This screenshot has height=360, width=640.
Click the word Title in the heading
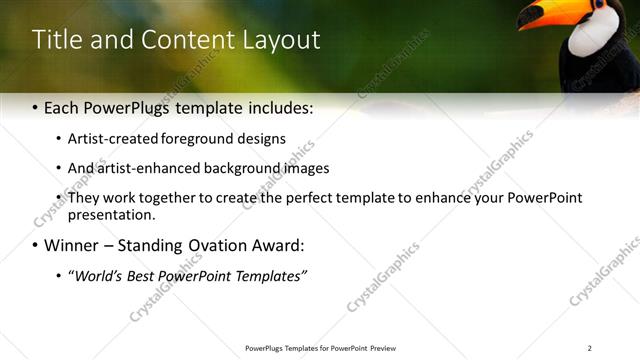pyautogui.click(x=57, y=40)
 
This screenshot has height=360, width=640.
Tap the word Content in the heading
pyautogui.click(x=187, y=40)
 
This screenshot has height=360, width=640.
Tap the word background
pyautogui.click(x=252, y=168)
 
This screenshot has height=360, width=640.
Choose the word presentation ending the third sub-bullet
pyautogui.click(x=110, y=214)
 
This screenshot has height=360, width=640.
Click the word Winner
pyautogui.click(x=74, y=245)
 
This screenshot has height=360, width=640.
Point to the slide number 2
pyautogui.click(x=589, y=348)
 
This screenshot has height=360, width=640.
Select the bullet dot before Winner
pyautogui.click(x=36, y=245)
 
